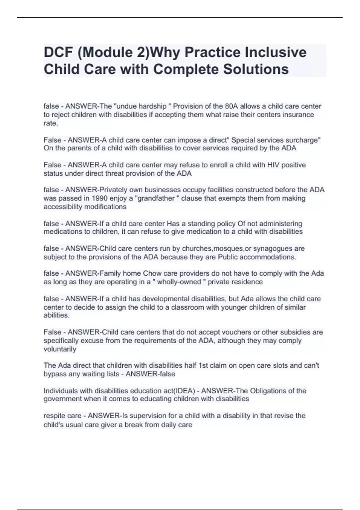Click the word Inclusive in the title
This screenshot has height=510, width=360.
(x=276, y=52)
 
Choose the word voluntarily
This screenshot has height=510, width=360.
(x=60, y=349)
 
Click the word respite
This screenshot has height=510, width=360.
(x=54, y=416)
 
